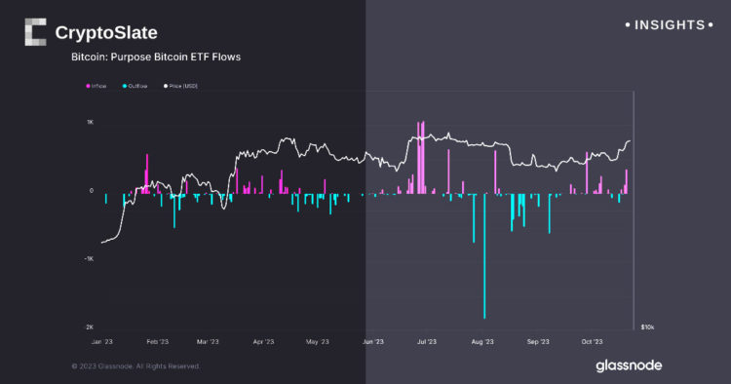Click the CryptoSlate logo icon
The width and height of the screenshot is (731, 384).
(x=35, y=33)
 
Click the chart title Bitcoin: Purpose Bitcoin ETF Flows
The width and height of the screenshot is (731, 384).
(x=156, y=58)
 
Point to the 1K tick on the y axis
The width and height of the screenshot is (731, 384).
(x=90, y=123)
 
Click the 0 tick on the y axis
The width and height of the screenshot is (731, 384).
(x=91, y=191)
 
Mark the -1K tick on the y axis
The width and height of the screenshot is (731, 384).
(x=89, y=259)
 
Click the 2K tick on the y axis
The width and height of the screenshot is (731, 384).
(x=90, y=327)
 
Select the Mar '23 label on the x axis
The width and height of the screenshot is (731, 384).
(x=208, y=342)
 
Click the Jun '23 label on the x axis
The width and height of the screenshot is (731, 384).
(x=373, y=342)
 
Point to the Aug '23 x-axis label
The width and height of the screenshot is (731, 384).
(x=482, y=342)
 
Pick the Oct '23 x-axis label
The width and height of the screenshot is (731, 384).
(x=593, y=342)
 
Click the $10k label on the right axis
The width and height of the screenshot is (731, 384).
(x=647, y=327)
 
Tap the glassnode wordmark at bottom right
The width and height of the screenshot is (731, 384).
(x=630, y=365)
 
